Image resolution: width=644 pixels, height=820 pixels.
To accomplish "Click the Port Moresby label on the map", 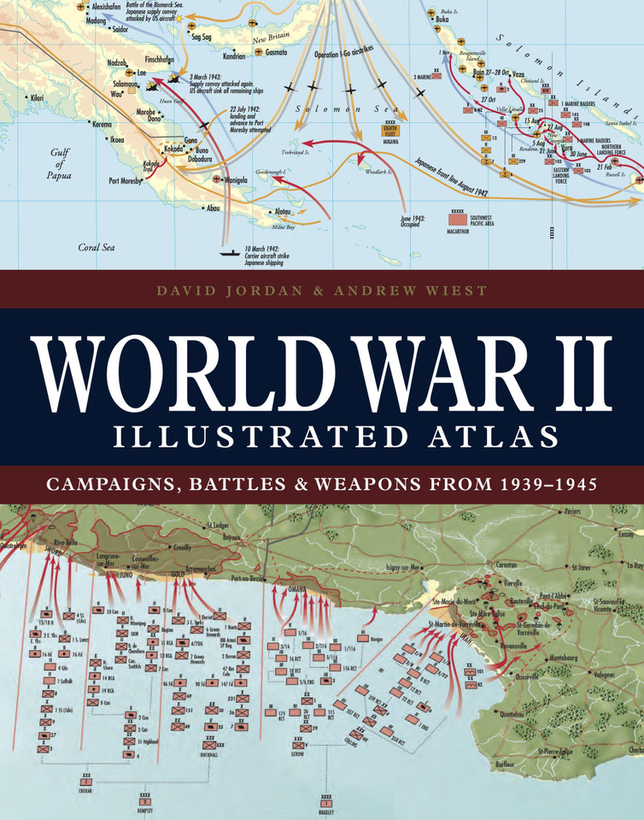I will click(126, 180).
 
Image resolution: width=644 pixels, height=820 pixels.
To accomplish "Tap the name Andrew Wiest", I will click(423, 290).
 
